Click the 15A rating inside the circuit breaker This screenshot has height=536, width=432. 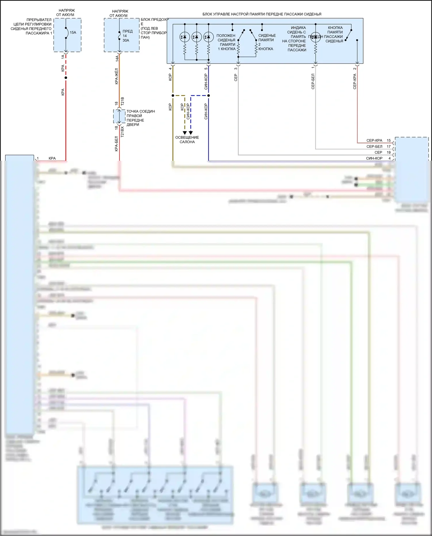(x=73, y=33)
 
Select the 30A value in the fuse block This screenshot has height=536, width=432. (x=126, y=41)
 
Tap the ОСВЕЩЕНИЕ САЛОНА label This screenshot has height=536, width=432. (x=187, y=140)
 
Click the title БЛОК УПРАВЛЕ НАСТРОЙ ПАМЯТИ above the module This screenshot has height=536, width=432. (x=262, y=14)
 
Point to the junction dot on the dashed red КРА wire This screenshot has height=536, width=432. (x=66, y=78)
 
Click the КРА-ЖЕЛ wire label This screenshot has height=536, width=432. (x=117, y=76)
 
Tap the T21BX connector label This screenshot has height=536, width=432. (x=122, y=131)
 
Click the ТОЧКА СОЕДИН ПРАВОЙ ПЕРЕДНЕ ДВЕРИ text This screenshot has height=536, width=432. (x=141, y=118)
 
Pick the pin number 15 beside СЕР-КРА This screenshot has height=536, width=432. (x=389, y=141)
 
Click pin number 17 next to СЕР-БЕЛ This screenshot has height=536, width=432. (x=389, y=147)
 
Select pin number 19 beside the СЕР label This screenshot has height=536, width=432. (x=389, y=152)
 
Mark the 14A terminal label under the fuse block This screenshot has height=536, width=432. (x=117, y=58)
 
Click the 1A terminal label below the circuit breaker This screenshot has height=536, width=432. (x=63, y=57)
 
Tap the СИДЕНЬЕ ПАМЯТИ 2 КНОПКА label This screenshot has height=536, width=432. (x=266, y=42)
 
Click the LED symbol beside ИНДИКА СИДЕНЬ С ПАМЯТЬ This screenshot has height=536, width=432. (x=315, y=37)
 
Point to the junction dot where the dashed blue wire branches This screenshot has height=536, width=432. (x=209, y=95)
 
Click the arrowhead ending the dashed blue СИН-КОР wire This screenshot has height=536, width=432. (x=191, y=133)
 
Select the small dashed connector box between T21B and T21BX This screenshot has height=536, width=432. (x=119, y=116)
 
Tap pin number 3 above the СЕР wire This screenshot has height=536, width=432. (x=236, y=68)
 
